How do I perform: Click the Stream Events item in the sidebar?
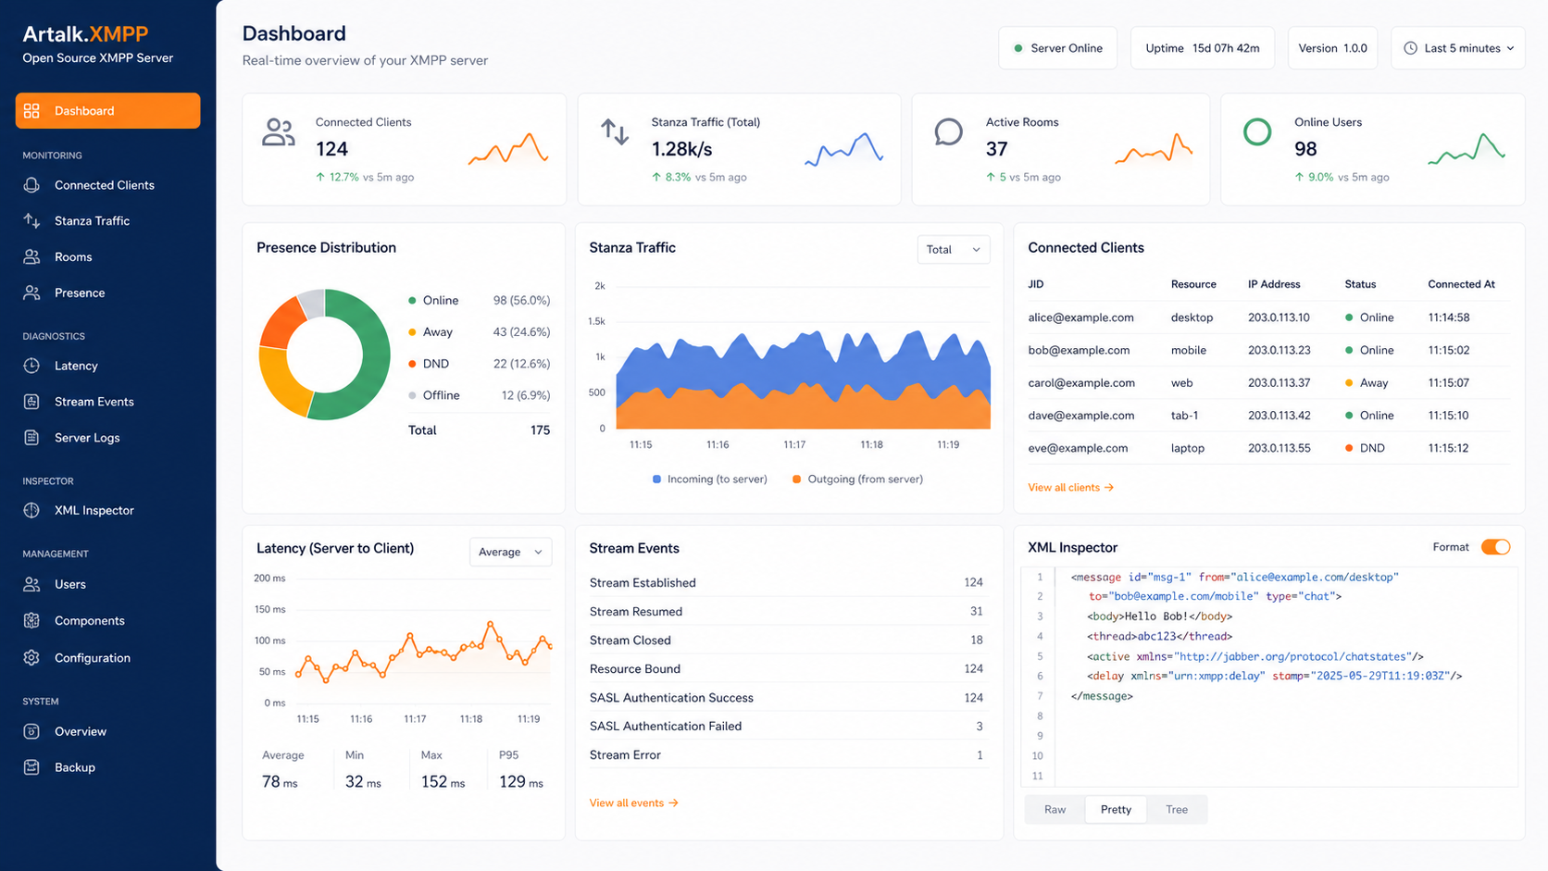(94, 402)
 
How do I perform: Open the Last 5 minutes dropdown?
(1458, 48)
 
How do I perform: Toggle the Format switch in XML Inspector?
(1495, 547)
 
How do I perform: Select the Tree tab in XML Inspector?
(1176, 810)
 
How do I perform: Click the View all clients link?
(1070, 488)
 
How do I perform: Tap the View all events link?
(633, 803)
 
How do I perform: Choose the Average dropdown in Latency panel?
(511, 552)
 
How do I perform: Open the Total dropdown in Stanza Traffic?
(953, 249)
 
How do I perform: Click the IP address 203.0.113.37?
(1280, 382)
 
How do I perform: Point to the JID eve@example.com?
(1078, 448)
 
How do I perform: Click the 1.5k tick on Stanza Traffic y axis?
(596, 321)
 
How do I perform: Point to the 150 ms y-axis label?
(270, 609)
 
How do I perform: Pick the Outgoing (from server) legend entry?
(857, 479)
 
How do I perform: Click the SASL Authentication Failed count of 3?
(980, 726)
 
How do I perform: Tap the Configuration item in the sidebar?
(92, 657)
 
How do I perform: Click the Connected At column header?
(1461, 284)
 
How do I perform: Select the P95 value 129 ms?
(521, 782)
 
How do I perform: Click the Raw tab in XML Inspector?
(1055, 810)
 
